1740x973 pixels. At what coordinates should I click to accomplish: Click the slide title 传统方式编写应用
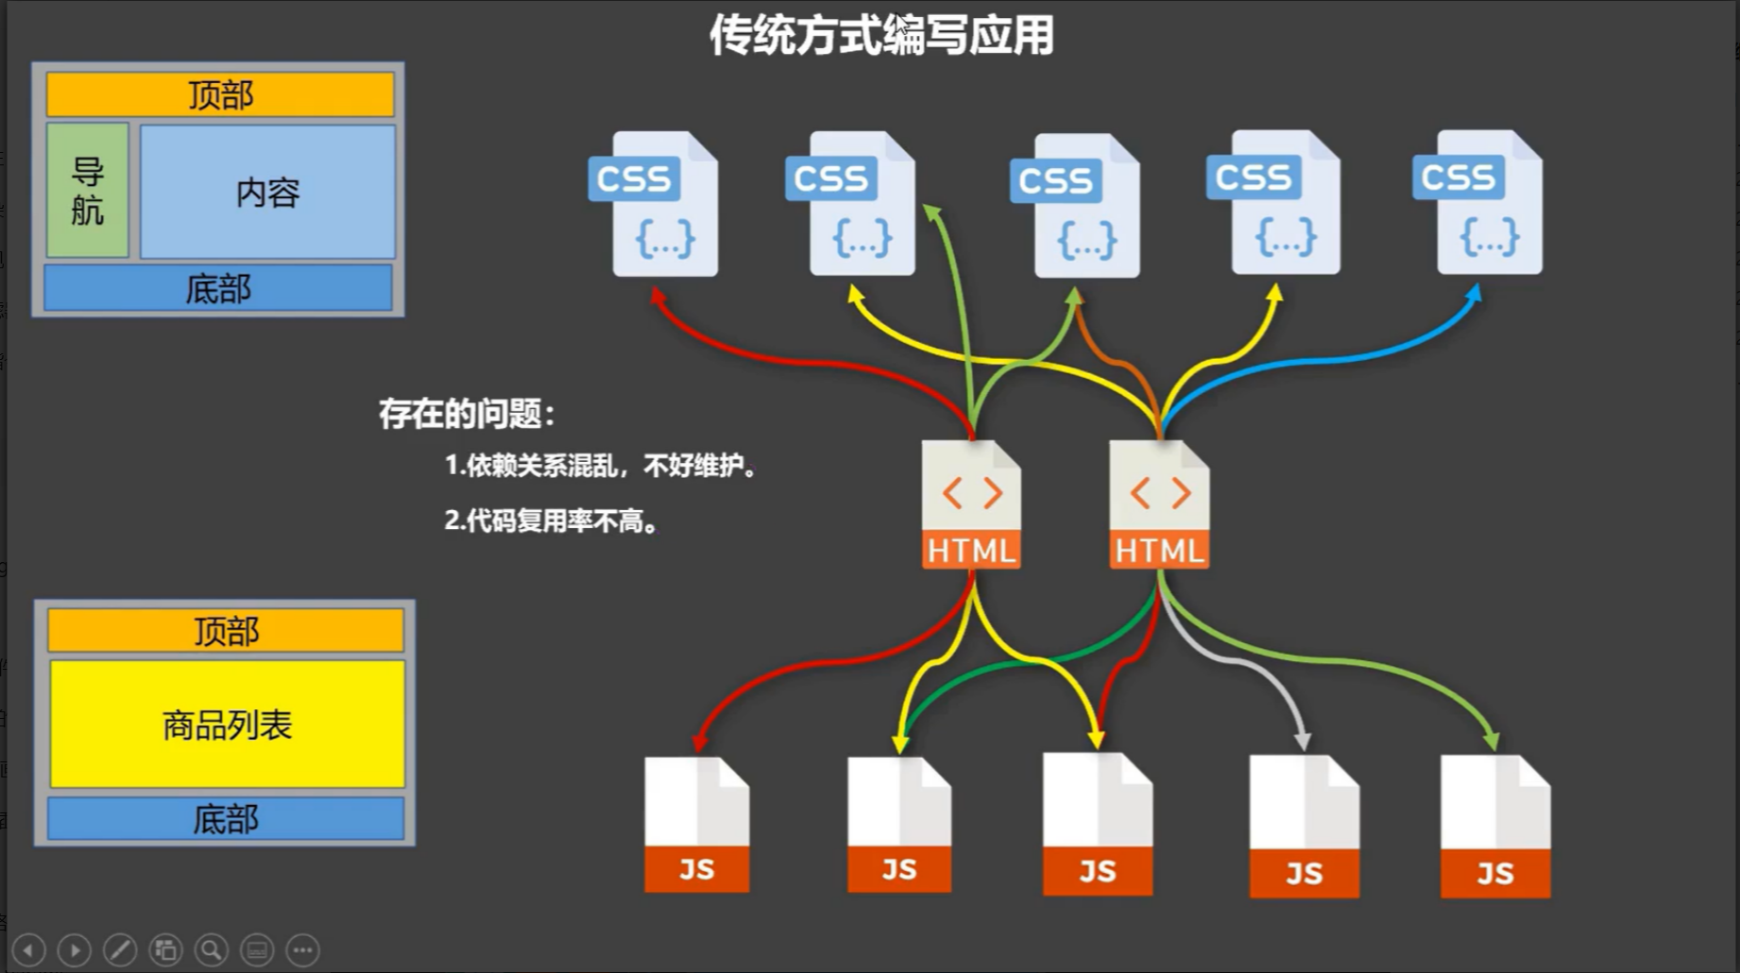tap(880, 36)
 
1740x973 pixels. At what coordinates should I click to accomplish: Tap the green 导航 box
tap(88, 190)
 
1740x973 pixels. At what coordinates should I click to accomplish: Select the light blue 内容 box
tap(267, 192)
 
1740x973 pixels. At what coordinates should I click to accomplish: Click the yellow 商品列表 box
tap(227, 725)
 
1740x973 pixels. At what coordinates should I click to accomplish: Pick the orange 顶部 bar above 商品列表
tap(226, 630)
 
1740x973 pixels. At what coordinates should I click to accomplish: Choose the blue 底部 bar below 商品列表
tap(226, 818)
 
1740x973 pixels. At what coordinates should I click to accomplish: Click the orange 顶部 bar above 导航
tap(220, 94)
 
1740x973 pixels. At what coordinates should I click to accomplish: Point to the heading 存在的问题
tap(467, 414)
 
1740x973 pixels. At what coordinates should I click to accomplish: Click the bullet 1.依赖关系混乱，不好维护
tap(600, 465)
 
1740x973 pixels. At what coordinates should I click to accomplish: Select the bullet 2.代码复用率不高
tap(551, 521)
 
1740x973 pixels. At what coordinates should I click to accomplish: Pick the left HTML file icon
tap(971, 505)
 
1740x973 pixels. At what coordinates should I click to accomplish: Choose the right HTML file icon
tap(1159, 505)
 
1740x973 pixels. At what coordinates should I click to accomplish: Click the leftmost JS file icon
tap(696, 825)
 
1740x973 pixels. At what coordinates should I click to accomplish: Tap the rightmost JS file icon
tap(1494, 827)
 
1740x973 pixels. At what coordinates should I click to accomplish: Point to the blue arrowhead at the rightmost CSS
tap(1474, 297)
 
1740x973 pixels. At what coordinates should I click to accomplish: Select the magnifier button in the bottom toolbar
tap(212, 949)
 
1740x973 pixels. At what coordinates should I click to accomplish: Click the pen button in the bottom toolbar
tap(120, 949)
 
